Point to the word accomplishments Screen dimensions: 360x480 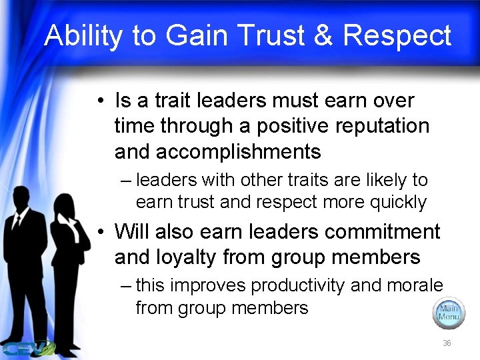coord(238,151)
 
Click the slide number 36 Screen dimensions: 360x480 coord(447,343)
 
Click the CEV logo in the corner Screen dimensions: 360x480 coord(27,347)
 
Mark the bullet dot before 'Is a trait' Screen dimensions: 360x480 coord(98,102)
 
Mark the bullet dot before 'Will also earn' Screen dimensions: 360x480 coord(98,233)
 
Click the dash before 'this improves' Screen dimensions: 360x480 coord(126,286)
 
